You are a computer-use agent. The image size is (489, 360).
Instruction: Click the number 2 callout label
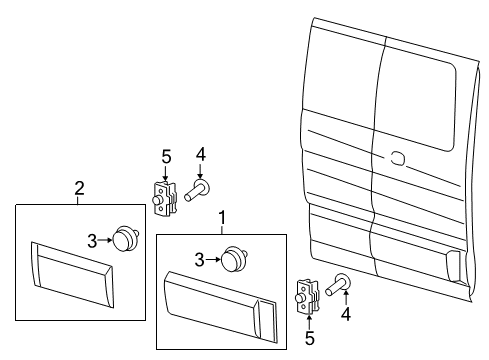point(79,187)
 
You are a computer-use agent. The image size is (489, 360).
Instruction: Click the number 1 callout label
point(221,216)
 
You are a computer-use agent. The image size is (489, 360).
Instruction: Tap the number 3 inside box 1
point(200,260)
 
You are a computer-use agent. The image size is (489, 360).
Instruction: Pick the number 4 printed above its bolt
point(200,153)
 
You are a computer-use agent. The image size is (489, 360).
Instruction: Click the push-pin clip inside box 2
point(126,241)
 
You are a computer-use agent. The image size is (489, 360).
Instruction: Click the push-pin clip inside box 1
point(234,260)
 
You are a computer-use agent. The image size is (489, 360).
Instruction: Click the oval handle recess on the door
point(398,157)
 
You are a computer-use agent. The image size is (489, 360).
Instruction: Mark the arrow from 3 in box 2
point(107,241)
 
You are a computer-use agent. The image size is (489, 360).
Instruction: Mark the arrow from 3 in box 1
point(212,260)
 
